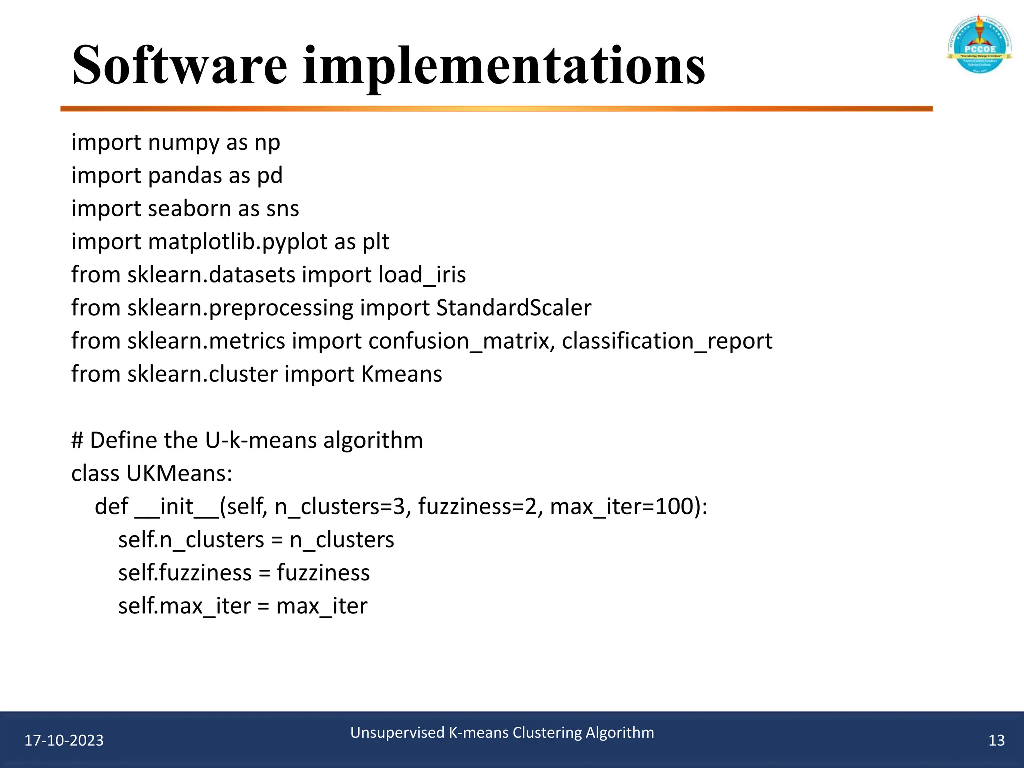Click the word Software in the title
(180, 66)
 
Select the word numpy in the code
(184, 143)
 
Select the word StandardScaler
(513, 308)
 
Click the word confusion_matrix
(458, 341)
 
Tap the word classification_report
(667, 341)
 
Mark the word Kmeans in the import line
(401, 374)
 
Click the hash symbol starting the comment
(77, 440)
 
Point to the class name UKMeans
(179, 473)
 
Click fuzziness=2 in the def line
(477, 507)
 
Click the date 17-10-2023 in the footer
(64, 740)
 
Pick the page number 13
(996, 740)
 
